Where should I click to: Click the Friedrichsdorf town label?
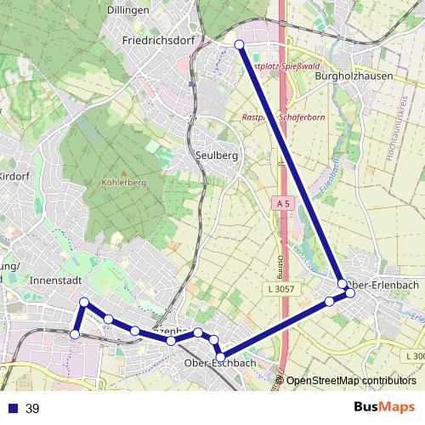(x=159, y=40)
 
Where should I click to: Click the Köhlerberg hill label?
(x=124, y=182)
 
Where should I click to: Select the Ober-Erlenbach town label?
(x=382, y=285)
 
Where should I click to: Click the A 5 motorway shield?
(x=284, y=204)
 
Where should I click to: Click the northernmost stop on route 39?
(x=239, y=44)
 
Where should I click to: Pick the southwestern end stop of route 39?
(x=74, y=335)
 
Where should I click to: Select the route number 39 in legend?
(x=32, y=409)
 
